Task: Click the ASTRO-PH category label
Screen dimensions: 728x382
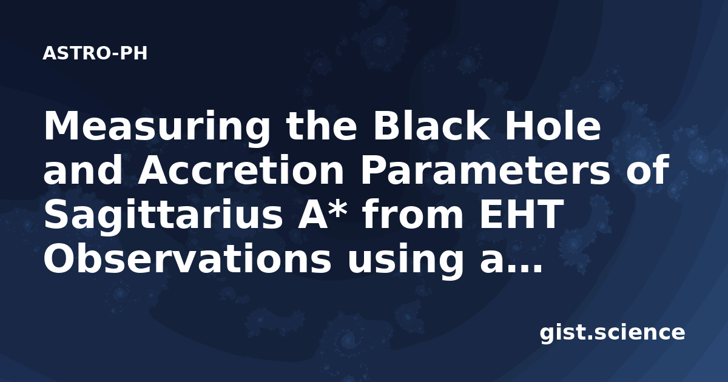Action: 95,53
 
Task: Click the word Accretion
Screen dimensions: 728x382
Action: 240,170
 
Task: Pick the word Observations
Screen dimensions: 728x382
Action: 187,258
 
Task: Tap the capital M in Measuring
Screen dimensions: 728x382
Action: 61,126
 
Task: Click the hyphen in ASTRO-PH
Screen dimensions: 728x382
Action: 115,55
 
